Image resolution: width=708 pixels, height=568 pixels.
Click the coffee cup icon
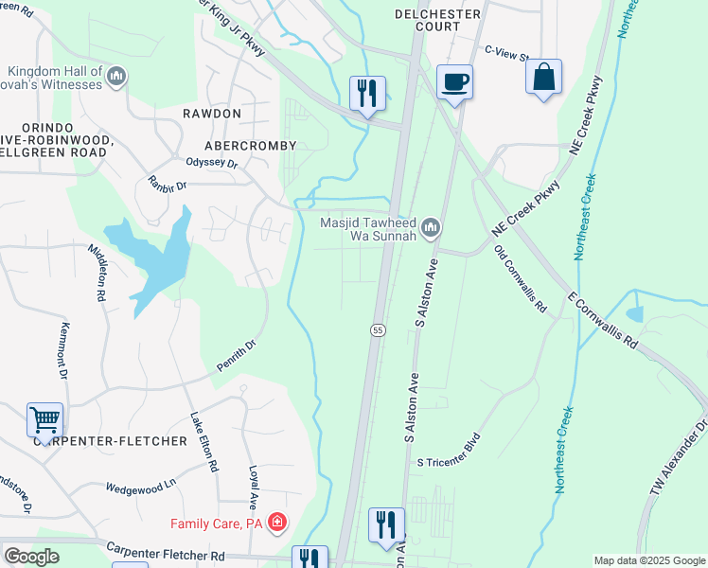coord(454,81)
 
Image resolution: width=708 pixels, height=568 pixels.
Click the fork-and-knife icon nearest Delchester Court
coord(367,93)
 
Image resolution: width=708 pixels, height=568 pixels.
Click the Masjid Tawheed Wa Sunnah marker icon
coord(431,226)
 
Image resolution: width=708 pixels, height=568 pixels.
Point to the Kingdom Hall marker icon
coord(116,76)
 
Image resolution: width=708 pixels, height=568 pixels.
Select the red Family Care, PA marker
coord(276,523)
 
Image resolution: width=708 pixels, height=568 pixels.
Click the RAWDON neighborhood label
coord(211,114)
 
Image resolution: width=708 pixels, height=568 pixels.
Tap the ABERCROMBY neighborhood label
coord(251,146)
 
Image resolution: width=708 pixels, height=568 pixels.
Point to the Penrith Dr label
coord(237,356)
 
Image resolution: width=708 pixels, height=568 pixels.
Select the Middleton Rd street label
coord(97,271)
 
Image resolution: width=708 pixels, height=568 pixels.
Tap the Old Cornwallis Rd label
coord(521,279)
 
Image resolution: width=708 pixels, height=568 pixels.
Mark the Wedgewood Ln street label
coord(141,486)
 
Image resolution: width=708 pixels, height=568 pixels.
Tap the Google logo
coord(31,557)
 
